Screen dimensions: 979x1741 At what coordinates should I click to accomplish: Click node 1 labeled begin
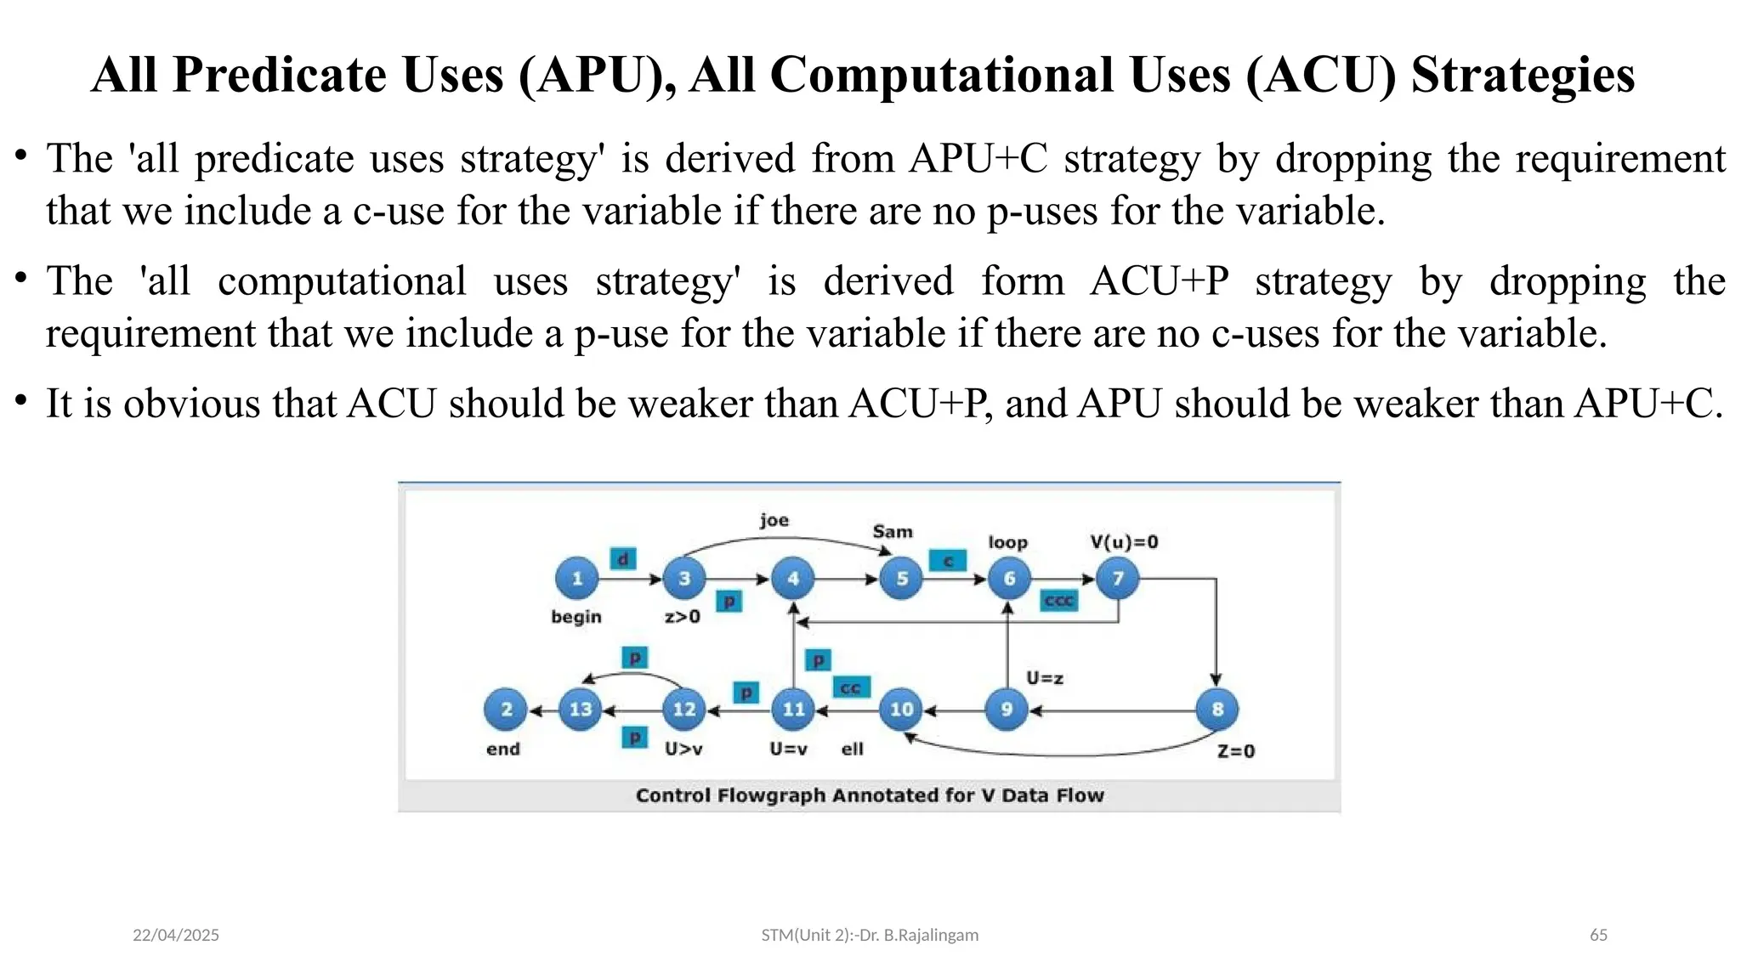[577, 579]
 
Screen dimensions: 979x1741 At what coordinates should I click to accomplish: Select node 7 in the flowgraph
[1118, 579]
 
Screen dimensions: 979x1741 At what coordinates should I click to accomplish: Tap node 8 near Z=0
[1216, 709]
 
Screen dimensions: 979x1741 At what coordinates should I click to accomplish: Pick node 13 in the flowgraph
[581, 709]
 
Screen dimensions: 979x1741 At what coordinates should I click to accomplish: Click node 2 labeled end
[506, 709]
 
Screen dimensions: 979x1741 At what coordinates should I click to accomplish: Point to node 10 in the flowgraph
[901, 709]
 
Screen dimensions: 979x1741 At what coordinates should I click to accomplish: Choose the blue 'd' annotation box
[623, 559]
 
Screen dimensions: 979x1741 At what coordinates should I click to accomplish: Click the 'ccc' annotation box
[1059, 601]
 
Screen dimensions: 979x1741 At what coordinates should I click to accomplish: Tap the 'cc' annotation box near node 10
[851, 688]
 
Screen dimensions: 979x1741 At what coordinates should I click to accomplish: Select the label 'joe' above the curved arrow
[774, 520]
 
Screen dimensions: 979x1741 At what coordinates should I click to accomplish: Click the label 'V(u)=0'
[1124, 542]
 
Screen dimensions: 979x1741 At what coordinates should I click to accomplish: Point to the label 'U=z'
[1045, 678]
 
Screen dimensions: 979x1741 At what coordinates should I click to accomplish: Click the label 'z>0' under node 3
[683, 617]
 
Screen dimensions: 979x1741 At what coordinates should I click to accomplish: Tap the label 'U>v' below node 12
[683, 749]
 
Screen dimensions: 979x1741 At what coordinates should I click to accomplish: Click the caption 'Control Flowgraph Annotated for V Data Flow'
[870, 795]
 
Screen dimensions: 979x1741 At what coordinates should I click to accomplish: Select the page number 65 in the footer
[1598, 935]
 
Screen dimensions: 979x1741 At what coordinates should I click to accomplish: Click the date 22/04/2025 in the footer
[176, 935]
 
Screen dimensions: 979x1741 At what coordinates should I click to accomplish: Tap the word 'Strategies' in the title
[1523, 75]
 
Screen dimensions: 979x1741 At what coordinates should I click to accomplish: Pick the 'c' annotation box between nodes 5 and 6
[948, 561]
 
